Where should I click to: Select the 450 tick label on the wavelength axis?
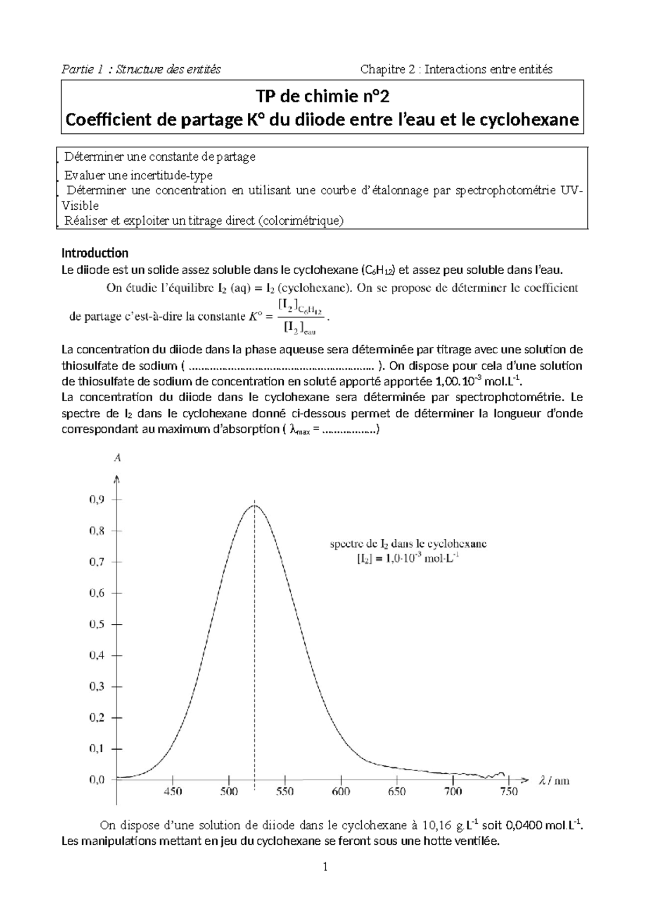[x=173, y=791]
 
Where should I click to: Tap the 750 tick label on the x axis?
[x=508, y=791]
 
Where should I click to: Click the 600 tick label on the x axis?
[x=341, y=791]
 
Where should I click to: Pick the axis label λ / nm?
[x=554, y=780]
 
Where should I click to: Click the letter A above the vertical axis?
[x=117, y=458]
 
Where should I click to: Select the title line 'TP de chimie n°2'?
[x=322, y=97]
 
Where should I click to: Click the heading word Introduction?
[x=95, y=253]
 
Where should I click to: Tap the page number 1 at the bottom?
[x=325, y=882]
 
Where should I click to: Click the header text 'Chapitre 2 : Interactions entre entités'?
[x=456, y=69]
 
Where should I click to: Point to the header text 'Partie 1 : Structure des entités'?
[x=141, y=69]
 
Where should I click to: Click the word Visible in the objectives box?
[x=81, y=205]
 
